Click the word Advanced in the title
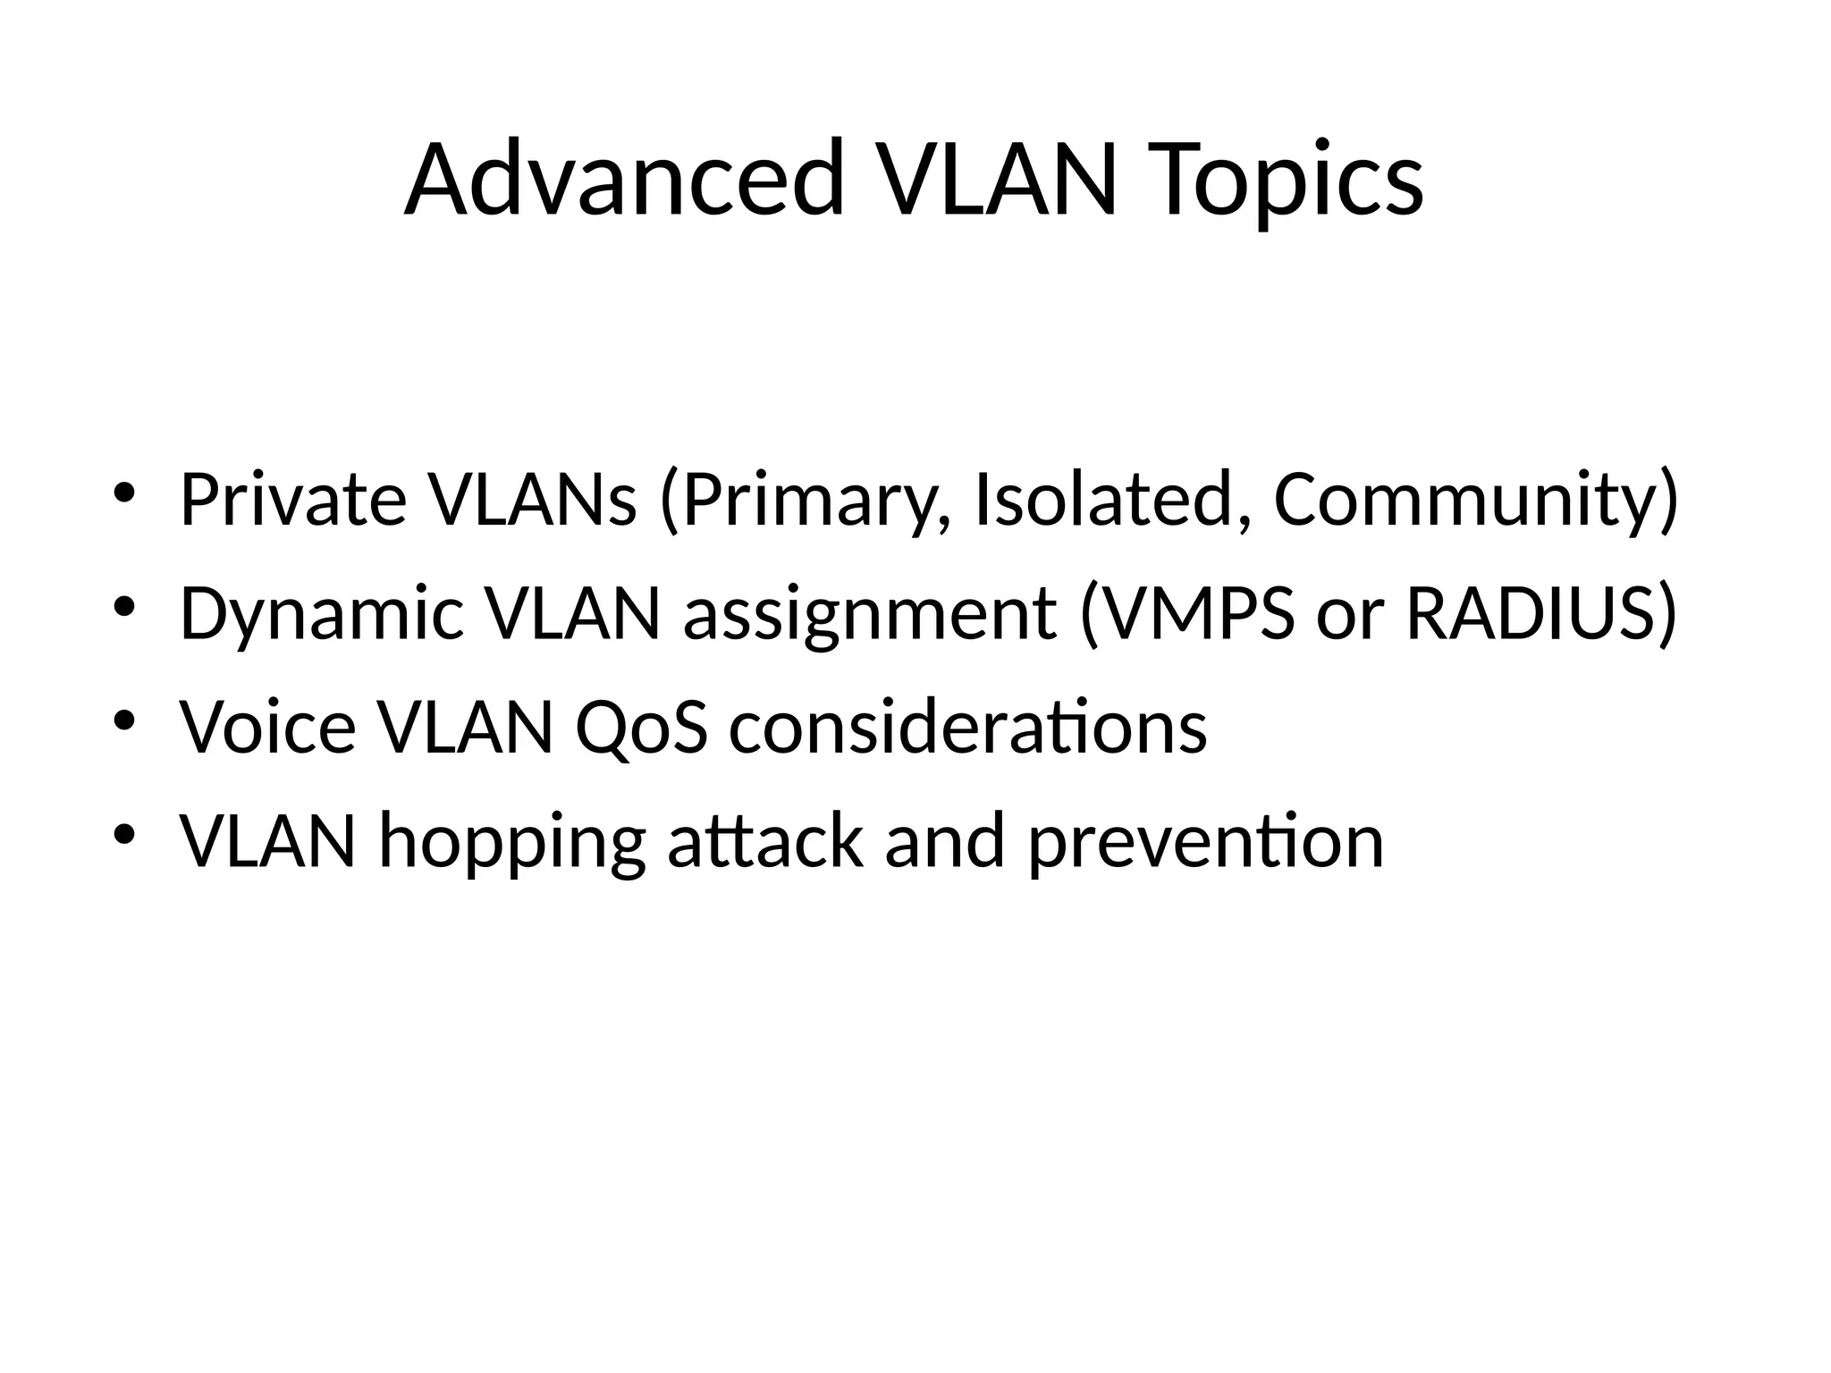(x=624, y=179)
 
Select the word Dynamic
(x=321, y=616)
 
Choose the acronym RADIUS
(x=1533, y=614)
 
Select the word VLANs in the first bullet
(x=532, y=500)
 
